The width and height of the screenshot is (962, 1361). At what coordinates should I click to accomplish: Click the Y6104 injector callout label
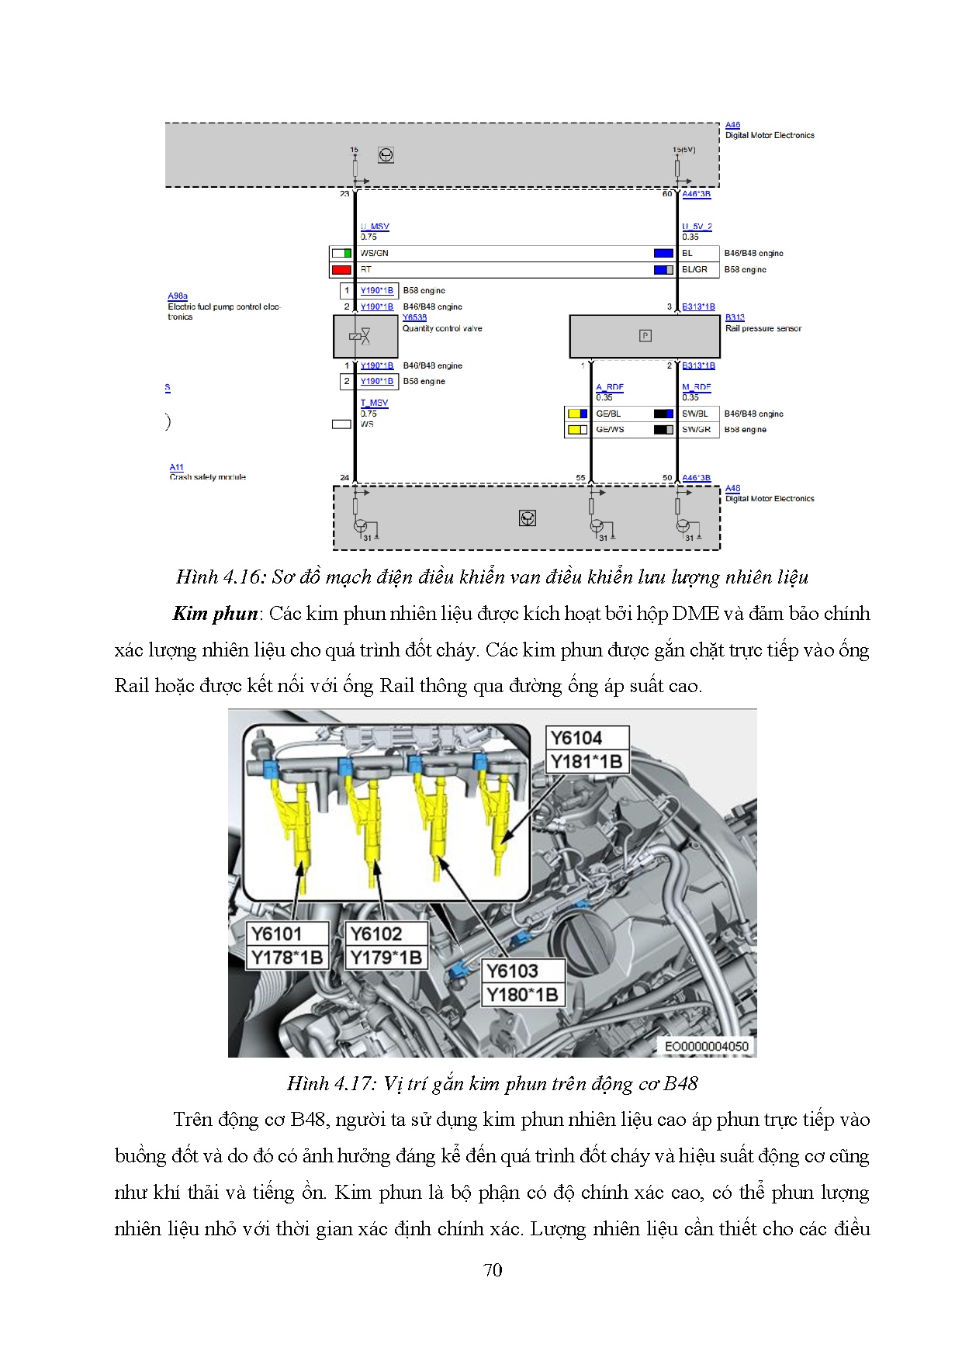(x=576, y=738)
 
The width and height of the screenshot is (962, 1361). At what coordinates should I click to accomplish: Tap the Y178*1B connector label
(x=286, y=958)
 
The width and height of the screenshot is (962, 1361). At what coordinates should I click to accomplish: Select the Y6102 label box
(x=376, y=933)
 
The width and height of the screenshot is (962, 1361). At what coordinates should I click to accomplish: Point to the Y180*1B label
(x=521, y=995)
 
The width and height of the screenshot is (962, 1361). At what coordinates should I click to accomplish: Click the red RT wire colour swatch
(x=341, y=270)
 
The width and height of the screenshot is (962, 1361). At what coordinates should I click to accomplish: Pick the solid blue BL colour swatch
(x=663, y=253)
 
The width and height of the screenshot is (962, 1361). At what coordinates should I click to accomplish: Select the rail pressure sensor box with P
(x=645, y=336)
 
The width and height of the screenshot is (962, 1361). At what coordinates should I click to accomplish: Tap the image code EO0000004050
(x=706, y=1046)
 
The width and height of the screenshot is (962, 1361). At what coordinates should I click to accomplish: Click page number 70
(x=493, y=1270)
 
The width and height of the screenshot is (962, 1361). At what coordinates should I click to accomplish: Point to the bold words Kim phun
(x=215, y=614)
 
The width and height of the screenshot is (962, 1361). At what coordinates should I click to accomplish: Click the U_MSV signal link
(x=375, y=227)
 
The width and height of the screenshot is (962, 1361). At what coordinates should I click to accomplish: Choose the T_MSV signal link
(x=374, y=403)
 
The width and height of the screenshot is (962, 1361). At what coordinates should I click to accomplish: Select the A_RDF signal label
(x=610, y=386)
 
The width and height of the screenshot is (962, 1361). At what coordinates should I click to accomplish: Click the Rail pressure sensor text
(x=763, y=328)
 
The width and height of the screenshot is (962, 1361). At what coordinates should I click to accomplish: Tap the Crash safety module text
(x=208, y=477)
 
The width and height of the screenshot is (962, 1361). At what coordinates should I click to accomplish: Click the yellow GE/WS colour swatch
(x=577, y=429)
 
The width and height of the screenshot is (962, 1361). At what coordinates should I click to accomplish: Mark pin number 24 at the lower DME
(x=344, y=477)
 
